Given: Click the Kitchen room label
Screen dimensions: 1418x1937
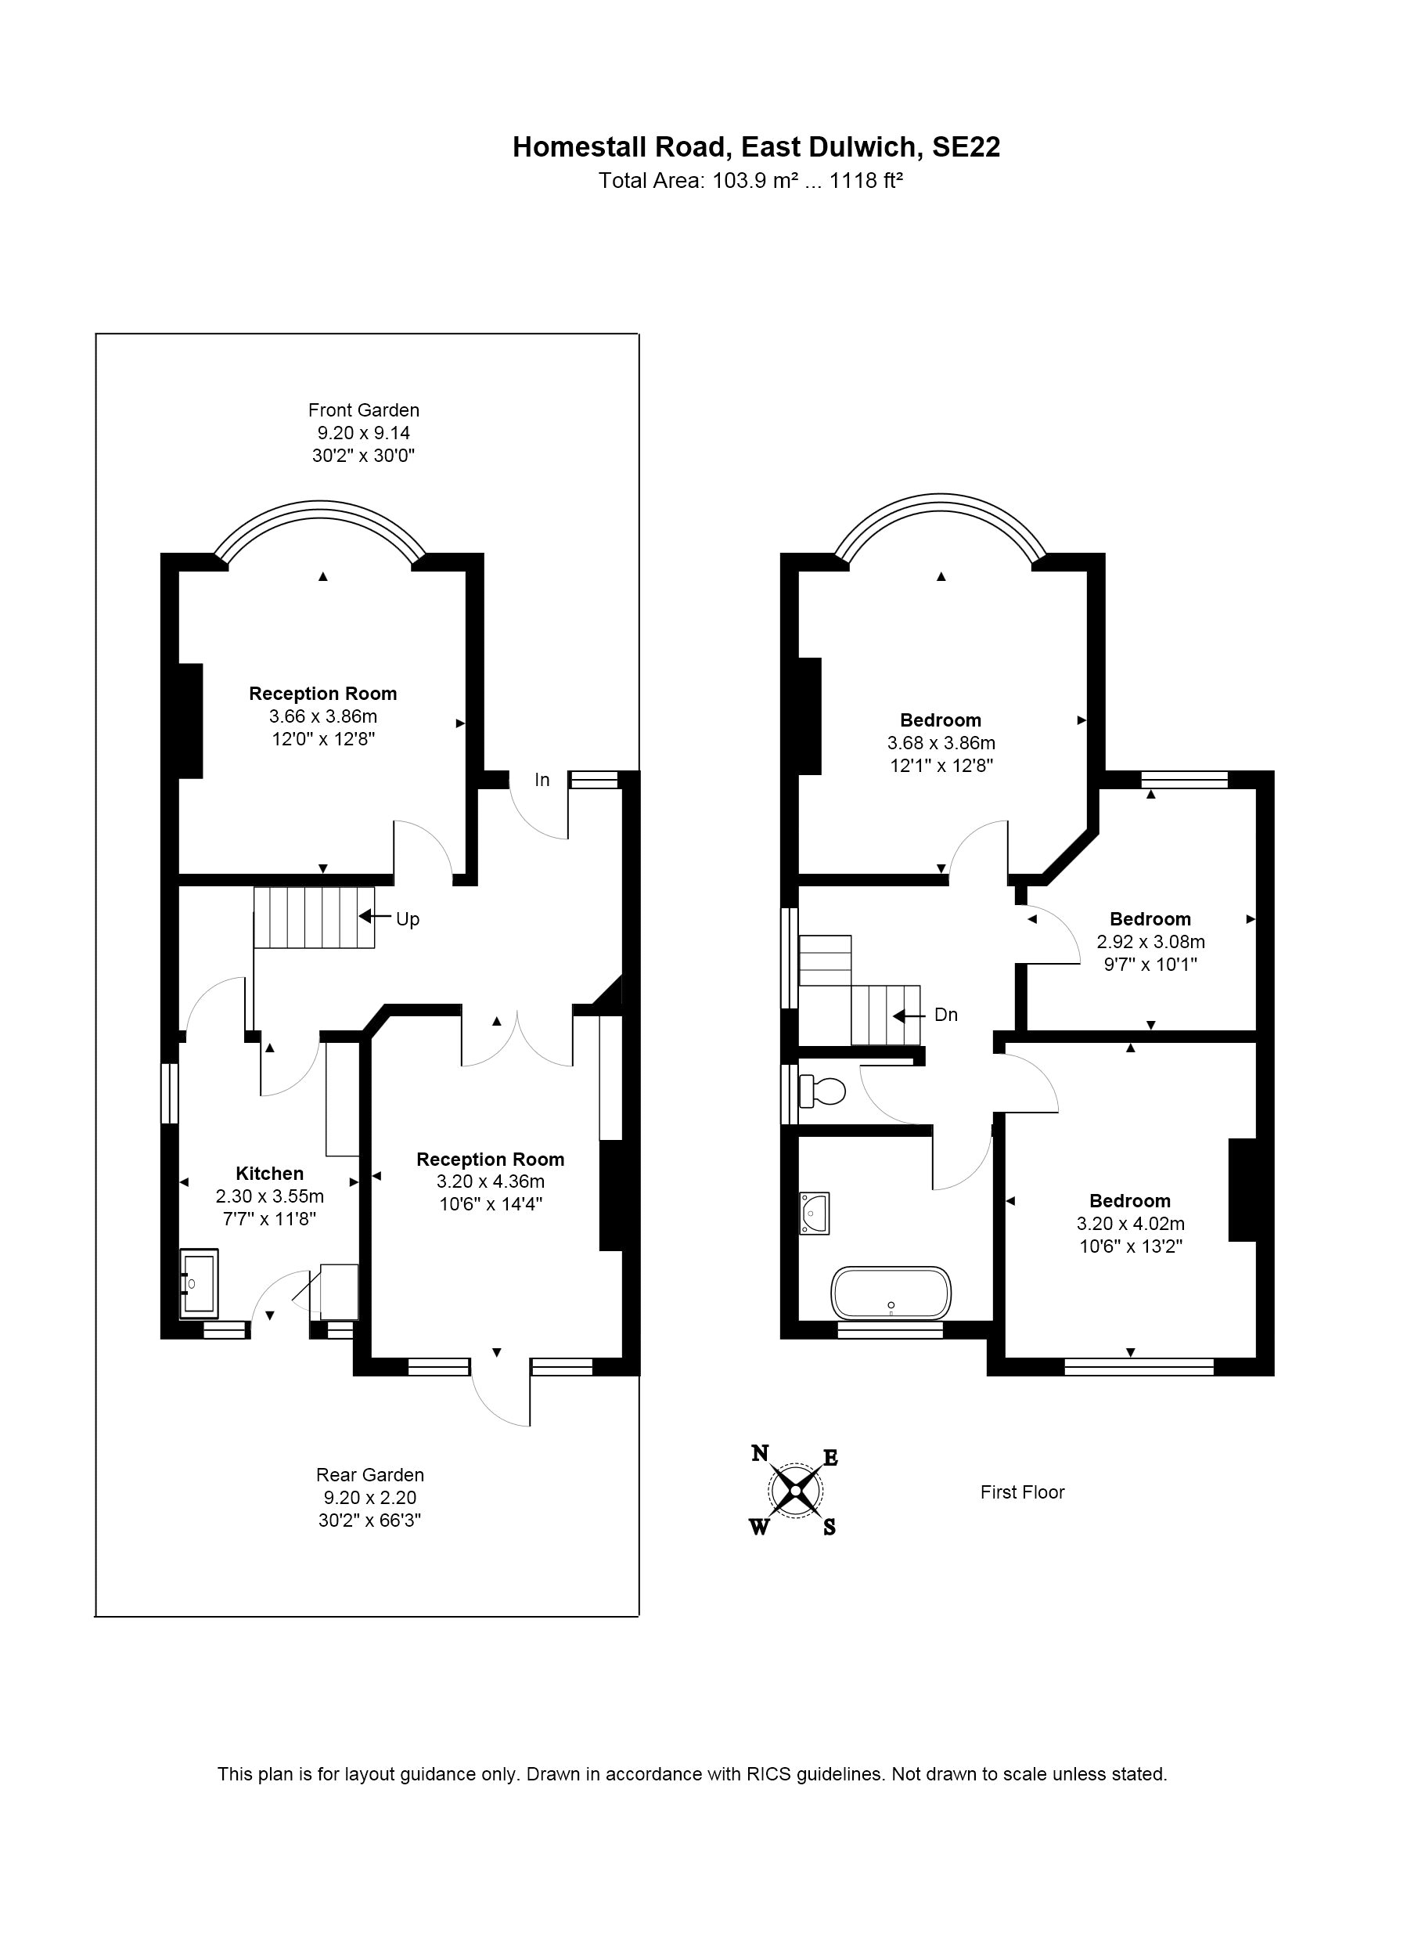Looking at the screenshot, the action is [269, 1174].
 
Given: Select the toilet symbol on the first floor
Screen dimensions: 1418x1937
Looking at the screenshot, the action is [822, 1091].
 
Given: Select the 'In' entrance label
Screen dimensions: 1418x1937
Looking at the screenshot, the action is [542, 780].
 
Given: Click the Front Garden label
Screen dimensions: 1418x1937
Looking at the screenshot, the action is [364, 410].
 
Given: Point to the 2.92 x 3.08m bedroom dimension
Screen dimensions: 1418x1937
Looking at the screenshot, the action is [1151, 942].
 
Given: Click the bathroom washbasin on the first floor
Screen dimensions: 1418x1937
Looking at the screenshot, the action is [814, 1214].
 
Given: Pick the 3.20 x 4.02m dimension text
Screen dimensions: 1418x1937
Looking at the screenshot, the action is [1132, 1224].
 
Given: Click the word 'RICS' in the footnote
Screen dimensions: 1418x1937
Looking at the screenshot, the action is [769, 1774].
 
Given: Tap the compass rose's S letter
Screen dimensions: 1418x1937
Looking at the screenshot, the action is [830, 1528].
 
